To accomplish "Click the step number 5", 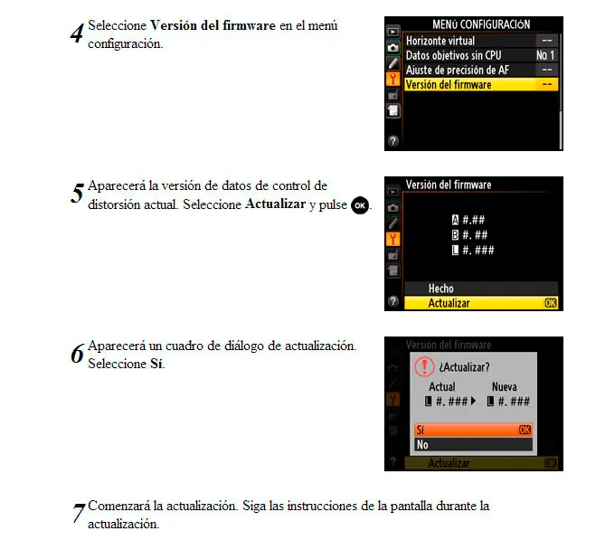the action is (77, 193).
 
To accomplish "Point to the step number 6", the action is (77, 353).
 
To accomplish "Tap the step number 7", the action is (79, 513).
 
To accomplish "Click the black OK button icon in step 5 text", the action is (360, 205).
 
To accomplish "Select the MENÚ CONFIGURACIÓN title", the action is (481, 24).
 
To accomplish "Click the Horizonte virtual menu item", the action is (440, 41).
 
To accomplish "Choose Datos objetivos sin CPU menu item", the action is (453, 55).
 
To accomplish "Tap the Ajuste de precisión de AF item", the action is (458, 71).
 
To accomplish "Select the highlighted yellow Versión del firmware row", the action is (481, 84).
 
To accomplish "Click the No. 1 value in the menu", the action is (545, 55).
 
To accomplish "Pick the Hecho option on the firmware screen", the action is (441, 289).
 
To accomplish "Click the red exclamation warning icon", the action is (424, 366).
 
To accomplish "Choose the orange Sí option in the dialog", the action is (474, 430).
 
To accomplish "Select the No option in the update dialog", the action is (474, 445).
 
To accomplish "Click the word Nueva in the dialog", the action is (505, 387).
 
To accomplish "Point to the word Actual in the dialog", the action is (442, 387).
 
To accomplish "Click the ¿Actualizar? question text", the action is (464, 367).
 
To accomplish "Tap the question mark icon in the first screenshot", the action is (393, 141).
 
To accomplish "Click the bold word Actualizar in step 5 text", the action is (276, 204).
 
